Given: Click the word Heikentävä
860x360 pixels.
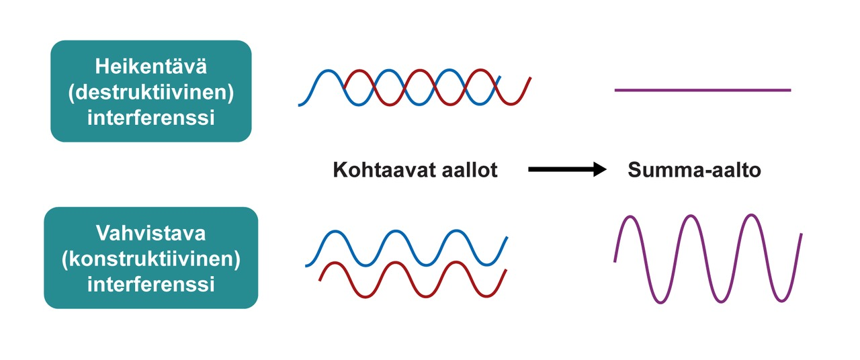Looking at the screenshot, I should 150,66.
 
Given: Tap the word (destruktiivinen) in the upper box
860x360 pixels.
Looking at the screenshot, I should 150,92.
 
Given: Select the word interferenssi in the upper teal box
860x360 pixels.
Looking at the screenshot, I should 150,118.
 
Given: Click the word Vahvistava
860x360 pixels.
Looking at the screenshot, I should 150,234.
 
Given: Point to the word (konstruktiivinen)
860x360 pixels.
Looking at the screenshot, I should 150,259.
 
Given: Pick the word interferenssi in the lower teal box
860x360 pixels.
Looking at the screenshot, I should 150,284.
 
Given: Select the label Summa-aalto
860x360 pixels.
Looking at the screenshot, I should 694,170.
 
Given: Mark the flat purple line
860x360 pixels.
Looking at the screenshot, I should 702,90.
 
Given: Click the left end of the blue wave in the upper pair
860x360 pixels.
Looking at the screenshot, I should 300,105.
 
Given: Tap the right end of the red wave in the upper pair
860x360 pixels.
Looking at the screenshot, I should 530,79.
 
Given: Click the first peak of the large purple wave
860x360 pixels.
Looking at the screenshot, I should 630,217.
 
